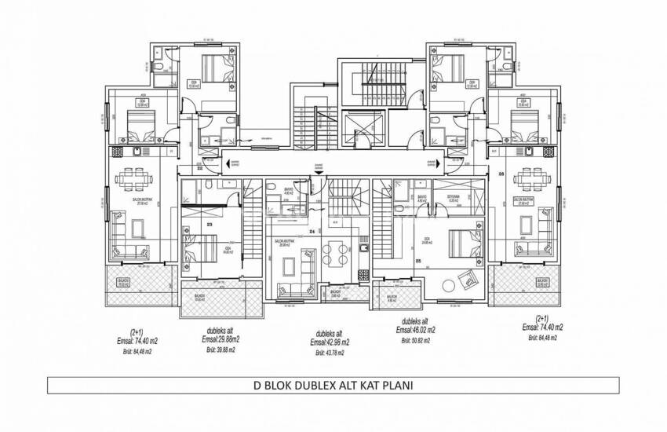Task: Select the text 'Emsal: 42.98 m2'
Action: pos(330,342)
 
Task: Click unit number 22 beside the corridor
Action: pos(200,168)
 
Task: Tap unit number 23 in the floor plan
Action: pos(211,224)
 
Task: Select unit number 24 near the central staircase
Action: pos(312,232)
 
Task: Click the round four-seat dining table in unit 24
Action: pos(333,254)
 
